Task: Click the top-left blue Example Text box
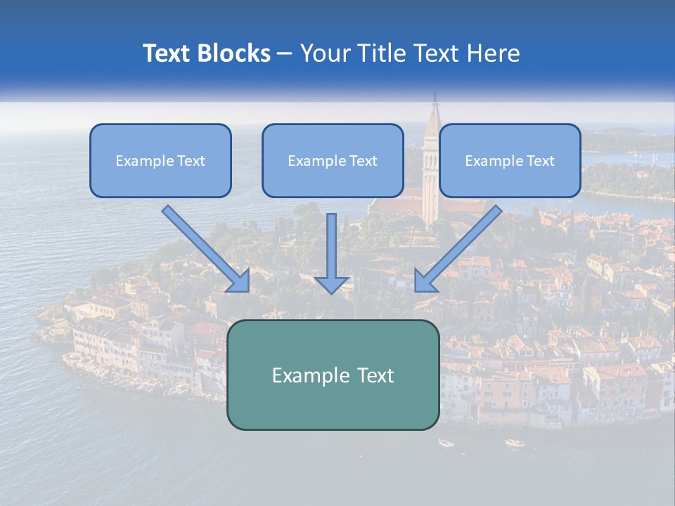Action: coord(160,161)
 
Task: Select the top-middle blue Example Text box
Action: coord(333,161)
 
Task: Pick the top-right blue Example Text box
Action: coord(510,161)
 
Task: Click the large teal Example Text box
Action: coord(333,375)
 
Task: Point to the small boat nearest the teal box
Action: coord(446,443)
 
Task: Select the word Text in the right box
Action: coord(541,161)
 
